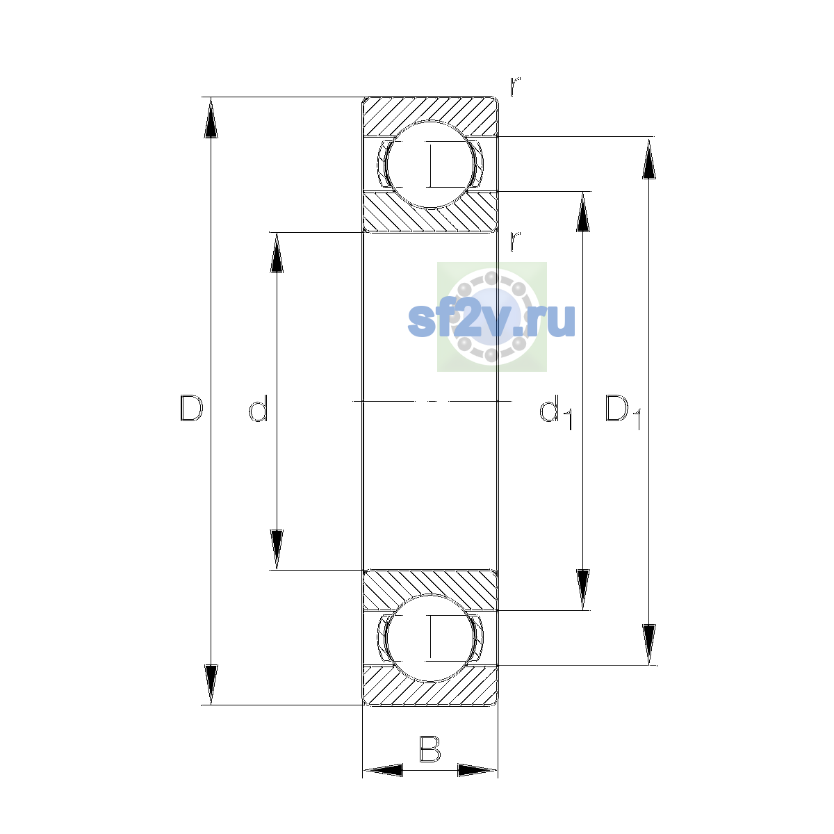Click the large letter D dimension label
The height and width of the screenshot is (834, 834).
point(191,408)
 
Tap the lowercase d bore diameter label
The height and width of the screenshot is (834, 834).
point(259,408)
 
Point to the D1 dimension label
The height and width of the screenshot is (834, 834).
point(623,411)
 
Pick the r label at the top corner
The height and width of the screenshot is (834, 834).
point(514,87)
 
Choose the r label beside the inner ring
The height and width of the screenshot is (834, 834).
point(514,241)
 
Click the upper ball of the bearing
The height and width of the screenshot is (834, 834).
point(430,165)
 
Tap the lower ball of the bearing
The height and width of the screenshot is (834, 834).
point(430,638)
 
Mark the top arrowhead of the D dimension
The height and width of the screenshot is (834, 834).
point(211,117)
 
